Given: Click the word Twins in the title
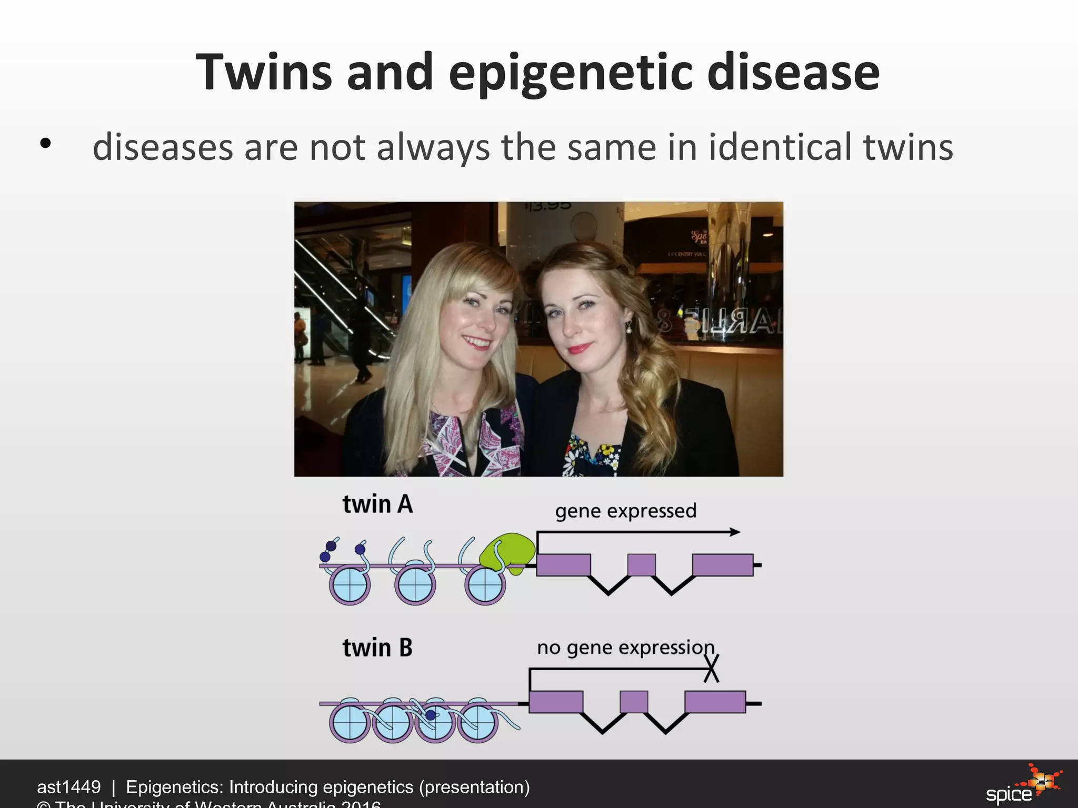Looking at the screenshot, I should point(264,72).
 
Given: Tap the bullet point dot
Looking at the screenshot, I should point(45,144).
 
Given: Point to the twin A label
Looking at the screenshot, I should point(377,504).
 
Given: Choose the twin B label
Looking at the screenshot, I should point(377,648).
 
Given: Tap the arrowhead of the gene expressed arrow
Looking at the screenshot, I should point(735,532).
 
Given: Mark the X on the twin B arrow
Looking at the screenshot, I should point(711,670).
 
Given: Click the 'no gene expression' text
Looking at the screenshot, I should point(625,648).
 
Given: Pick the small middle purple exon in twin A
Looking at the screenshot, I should point(641,565).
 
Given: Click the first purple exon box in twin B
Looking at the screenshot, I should point(556,702).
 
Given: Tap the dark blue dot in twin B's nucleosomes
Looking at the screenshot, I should point(431,715).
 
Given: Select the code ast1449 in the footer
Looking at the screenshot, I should point(68,787).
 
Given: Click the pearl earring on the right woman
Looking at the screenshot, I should point(628,330).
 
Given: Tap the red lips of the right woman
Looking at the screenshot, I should point(580,349).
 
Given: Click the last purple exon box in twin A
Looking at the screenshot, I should point(723,565).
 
